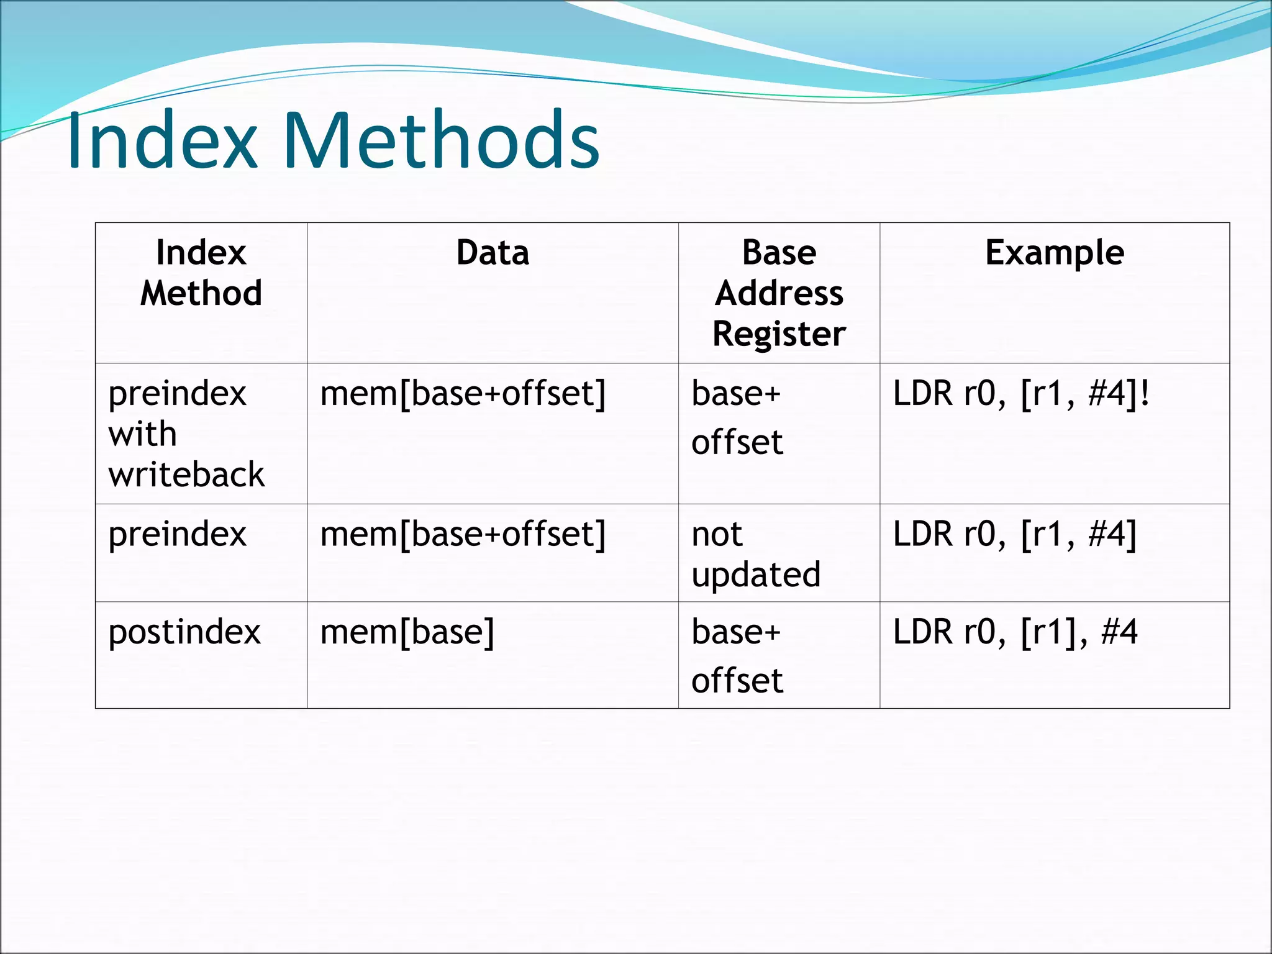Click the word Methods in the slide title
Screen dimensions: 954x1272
[441, 140]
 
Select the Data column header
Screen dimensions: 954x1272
[493, 253]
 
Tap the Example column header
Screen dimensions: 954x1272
[1054, 253]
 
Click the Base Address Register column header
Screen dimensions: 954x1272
[779, 293]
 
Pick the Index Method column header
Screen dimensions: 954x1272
[201, 273]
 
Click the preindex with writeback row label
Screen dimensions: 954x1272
[186, 434]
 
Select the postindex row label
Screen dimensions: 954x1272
[184, 632]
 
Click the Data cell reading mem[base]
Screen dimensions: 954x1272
[407, 632]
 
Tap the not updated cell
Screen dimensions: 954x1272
[755, 554]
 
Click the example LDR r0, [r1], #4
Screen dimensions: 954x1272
[1015, 632]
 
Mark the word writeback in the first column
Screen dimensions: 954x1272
[186, 475]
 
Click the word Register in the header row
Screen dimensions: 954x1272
[779, 334]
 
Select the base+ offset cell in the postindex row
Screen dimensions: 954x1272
[737, 656]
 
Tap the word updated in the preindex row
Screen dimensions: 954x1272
[756, 575]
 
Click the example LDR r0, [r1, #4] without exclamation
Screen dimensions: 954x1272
[1015, 534]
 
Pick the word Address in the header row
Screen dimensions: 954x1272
[779, 293]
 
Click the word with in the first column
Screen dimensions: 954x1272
[142, 434]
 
